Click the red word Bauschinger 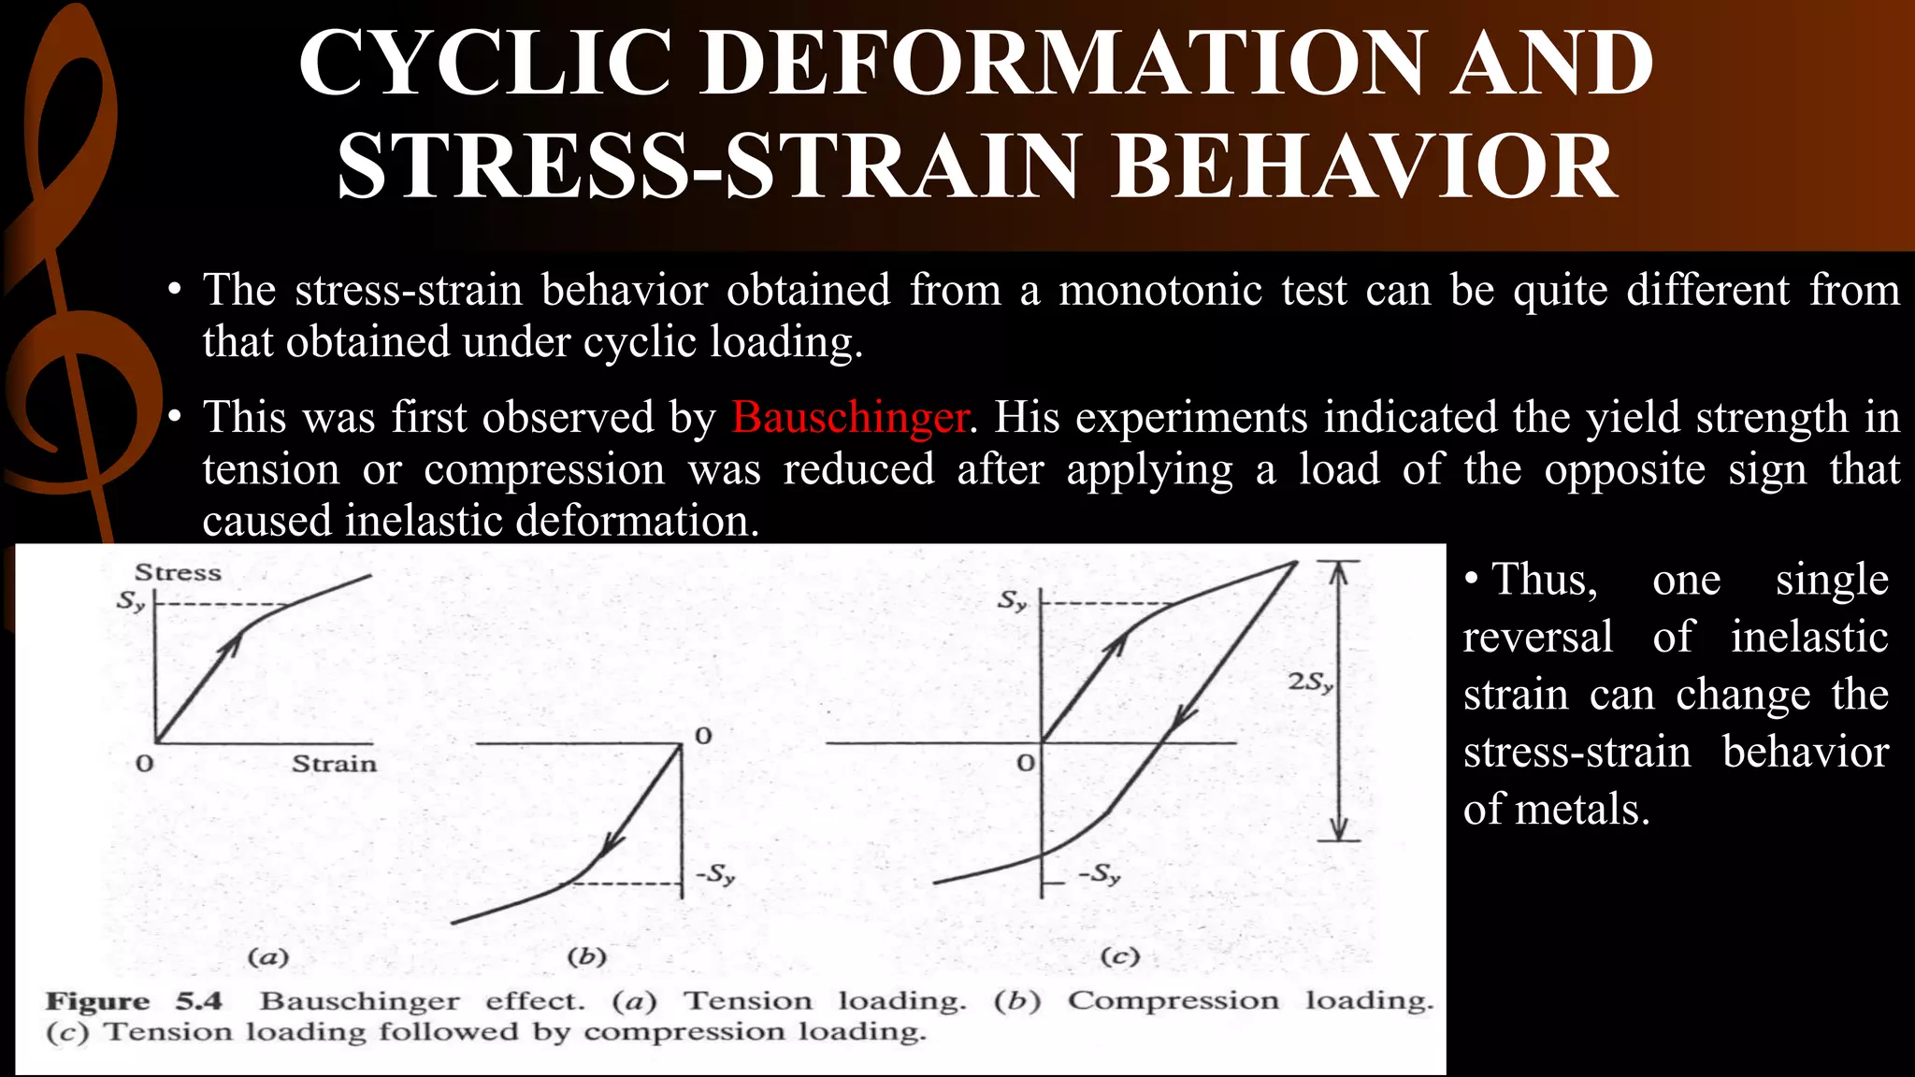click(x=849, y=417)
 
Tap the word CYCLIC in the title click(x=485, y=63)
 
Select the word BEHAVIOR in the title click(x=1364, y=167)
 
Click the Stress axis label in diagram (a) click(x=178, y=572)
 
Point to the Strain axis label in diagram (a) click(x=334, y=764)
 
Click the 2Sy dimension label click(x=1310, y=682)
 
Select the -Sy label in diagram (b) click(x=715, y=875)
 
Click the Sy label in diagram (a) click(x=131, y=601)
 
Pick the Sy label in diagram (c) click(x=1013, y=600)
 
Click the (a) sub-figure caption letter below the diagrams click(x=267, y=957)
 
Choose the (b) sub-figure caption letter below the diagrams click(x=587, y=956)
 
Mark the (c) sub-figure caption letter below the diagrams click(x=1119, y=956)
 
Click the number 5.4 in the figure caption click(x=198, y=1001)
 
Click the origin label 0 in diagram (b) click(x=703, y=737)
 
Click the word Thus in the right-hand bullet click(x=1544, y=580)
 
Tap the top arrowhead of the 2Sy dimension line click(x=1339, y=570)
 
